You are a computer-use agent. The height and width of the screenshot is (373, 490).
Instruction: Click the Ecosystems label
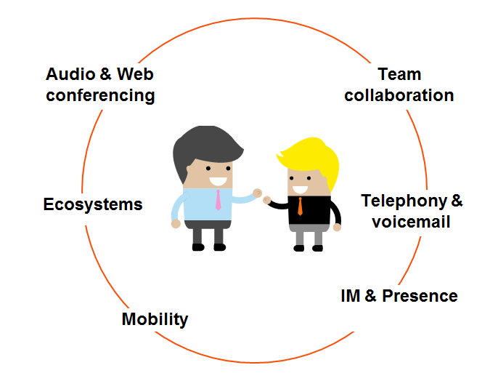(93, 204)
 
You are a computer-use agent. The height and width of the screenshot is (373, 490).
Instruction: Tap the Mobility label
(155, 318)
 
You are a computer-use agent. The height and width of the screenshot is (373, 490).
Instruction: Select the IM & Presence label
(399, 296)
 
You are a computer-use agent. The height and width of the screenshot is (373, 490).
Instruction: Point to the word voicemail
(411, 221)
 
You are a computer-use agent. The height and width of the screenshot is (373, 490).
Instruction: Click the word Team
(399, 74)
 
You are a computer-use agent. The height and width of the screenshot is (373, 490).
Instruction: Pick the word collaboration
(399, 95)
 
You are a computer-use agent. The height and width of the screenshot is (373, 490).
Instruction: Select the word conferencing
(100, 95)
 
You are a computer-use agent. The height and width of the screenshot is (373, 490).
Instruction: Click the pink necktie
(218, 199)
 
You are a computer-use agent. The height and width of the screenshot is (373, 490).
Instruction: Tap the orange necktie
(300, 206)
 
